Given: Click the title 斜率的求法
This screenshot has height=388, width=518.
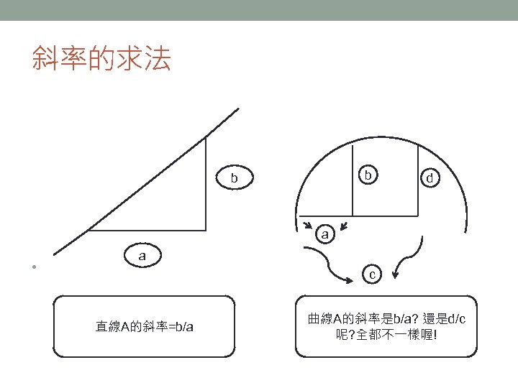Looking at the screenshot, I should click(101, 59).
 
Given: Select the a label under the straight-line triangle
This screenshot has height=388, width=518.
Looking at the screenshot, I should click(142, 254).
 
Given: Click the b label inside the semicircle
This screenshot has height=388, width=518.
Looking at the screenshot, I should click(368, 175).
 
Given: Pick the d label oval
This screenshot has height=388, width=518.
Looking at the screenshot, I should click(430, 177).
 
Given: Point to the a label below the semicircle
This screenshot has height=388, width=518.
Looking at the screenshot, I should click(325, 234).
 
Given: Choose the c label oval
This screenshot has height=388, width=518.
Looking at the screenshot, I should click(371, 274).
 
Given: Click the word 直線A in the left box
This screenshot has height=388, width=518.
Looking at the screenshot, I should click(112, 327).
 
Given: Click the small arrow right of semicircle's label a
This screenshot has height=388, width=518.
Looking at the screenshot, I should click(343, 228).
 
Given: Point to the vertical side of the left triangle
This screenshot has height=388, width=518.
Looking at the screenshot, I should click(206, 184).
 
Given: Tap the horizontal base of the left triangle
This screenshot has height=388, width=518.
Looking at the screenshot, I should click(147, 231).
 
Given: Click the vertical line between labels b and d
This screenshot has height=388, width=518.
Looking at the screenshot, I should click(419, 180).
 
